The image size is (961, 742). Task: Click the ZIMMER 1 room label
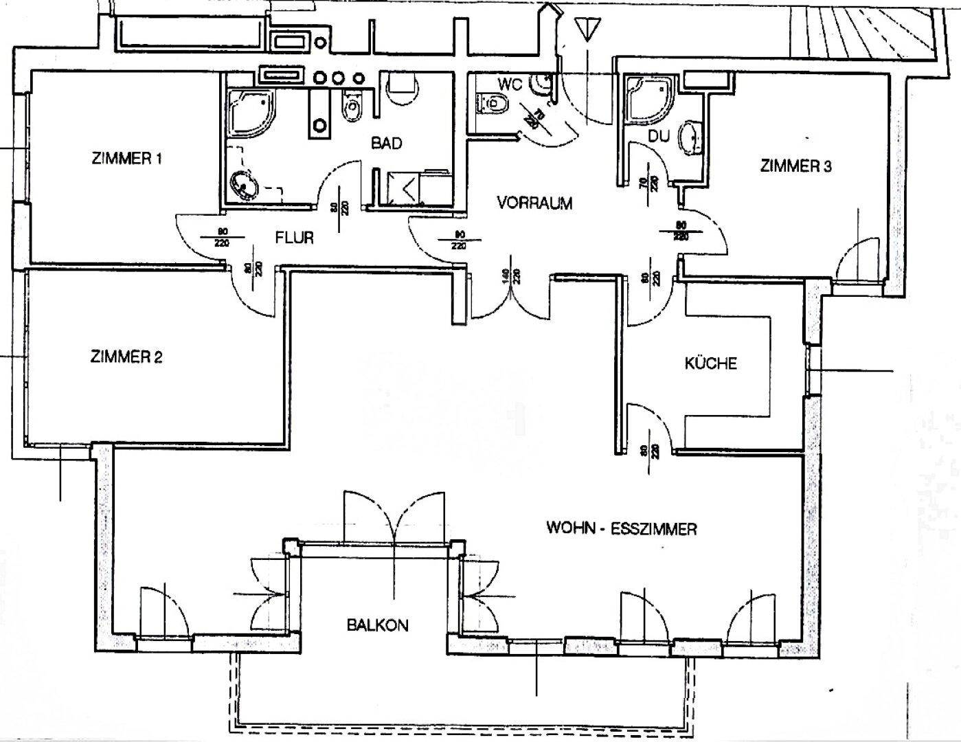pyautogui.click(x=126, y=159)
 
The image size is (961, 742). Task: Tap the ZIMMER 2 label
pyautogui.click(x=126, y=357)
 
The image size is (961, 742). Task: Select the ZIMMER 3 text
pyautogui.click(x=795, y=166)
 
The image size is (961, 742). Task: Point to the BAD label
pyautogui.click(x=386, y=144)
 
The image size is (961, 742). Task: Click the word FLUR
pyautogui.click(x=294, y=238)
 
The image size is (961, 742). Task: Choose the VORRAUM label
pyautogui.click(x=534, y=203)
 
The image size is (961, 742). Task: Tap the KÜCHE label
pyautogui.click(x=710, y=363)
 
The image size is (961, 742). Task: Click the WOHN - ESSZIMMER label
pyautogui.click(x=622, y=529)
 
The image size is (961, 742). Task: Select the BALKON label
pyautogui.click(x=377, y=625)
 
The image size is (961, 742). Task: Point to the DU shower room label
pyautogui.click(x=658, y=137)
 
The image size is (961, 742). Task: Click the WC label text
pyautogui.click(x=510, y=85)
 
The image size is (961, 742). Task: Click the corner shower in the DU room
pyautogui.click(x=644, y=101)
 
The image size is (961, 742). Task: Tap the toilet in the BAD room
pyautogui.click(x=352, y=106)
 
